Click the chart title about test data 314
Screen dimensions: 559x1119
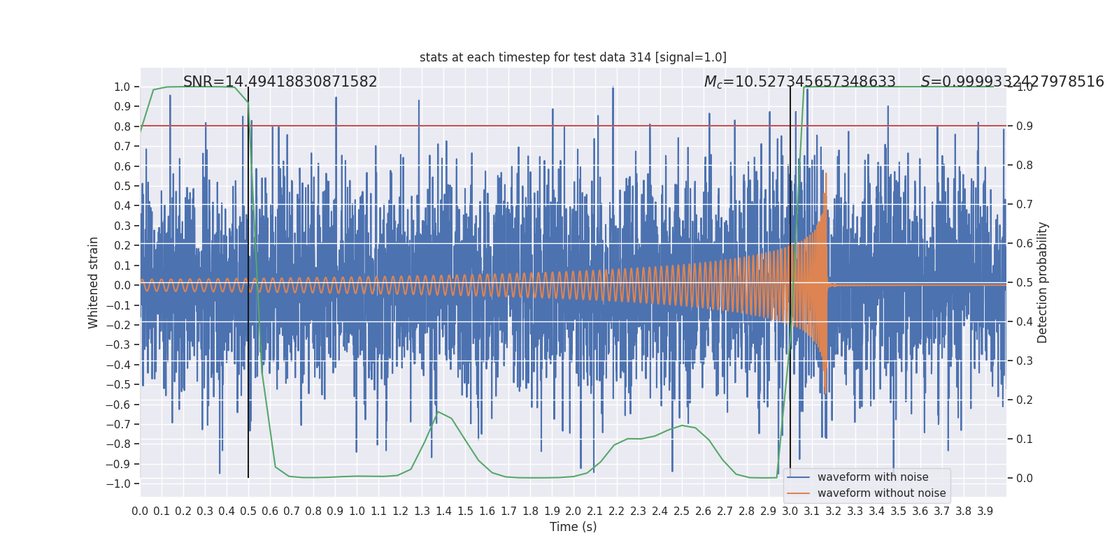[573, 57]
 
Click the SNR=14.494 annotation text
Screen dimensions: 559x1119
[280, 82]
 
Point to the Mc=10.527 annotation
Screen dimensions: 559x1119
[799, 82]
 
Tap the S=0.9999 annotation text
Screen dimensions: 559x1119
[1012, 82]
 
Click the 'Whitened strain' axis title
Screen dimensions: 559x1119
[94, 282]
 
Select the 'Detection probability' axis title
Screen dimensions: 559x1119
[1043, 282]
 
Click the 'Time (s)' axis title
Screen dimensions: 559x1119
[573, 527]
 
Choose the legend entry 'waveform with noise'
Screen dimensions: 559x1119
[872, 477]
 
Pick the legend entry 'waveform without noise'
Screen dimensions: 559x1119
[881, 493]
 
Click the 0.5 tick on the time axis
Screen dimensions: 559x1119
[248, 511]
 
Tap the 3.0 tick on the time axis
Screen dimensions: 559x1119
[790, 511]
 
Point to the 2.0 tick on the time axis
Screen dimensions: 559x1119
[573, 511]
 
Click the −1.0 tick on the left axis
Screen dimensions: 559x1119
[122, 484]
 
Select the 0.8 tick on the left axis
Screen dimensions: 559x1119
[122, 126]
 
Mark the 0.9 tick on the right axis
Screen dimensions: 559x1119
[1024, 126]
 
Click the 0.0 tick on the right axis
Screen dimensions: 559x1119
[1024, 479]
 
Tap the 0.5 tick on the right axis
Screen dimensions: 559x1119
[1024, 283]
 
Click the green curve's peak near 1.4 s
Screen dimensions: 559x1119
[438, 412]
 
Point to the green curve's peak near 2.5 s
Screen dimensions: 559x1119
[681, 425]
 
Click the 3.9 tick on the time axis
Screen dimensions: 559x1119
[985, 511]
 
